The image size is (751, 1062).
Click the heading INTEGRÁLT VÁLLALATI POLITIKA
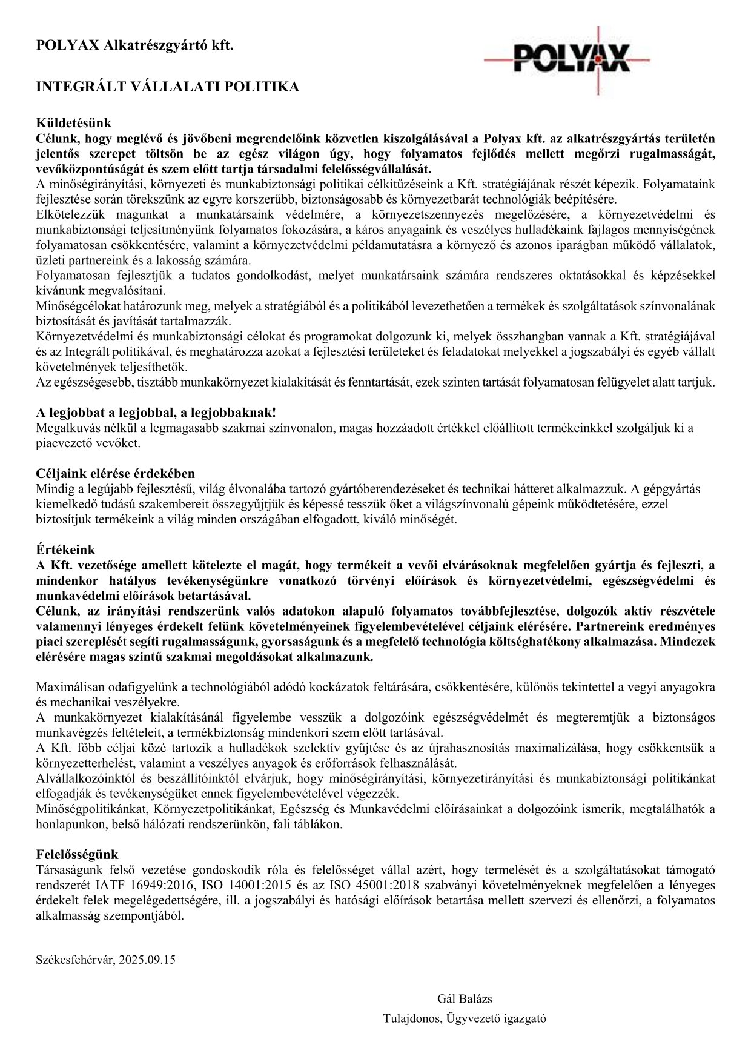[x=168, y=87]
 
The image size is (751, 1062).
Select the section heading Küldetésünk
[x=73, y=124]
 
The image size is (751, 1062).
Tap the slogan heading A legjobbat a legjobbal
[x=156, y=413]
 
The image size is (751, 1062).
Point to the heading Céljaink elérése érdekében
[x=115, y=473]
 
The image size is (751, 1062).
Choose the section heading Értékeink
[x=65, y=549]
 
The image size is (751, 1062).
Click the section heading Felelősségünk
[x=77, y=855]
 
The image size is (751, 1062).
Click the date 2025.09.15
[x=147, y=960]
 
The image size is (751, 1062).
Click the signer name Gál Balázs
[x=465, y=998]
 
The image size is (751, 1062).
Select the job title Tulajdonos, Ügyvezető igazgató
[x=465, y=1018]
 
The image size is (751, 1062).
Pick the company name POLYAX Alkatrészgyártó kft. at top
[x=134, y=45]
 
